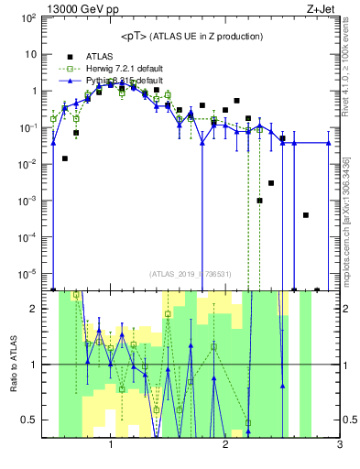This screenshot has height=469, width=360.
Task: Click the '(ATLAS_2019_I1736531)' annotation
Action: [x=190, y=273]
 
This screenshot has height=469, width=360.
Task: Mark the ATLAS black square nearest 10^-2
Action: [x=65, y=158]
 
